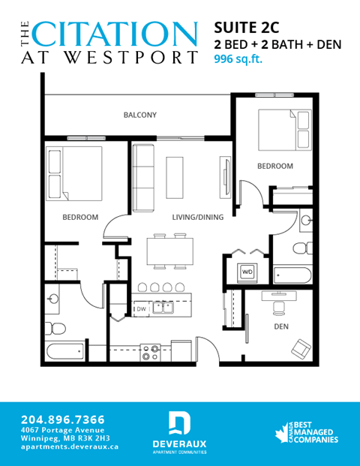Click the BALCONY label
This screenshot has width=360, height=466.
tap(139, 115)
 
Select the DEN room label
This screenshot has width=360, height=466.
tap(281, 326)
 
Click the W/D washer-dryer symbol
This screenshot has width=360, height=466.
tap(247, 272)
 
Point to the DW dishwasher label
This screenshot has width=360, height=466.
tap(141, 308)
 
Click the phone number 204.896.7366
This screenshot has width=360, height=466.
tap(63, 419)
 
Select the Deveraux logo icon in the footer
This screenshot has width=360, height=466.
tap(179, 424)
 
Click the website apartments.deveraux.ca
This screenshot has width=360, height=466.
tap(70, 446)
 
